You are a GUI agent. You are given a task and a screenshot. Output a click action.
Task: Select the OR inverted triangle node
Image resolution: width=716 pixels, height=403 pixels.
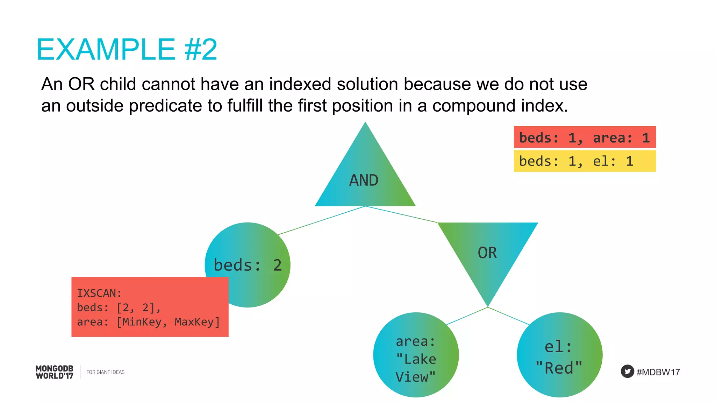pos(487,252)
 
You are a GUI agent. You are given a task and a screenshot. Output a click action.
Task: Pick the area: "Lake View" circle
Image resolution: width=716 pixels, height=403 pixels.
pos(416,355)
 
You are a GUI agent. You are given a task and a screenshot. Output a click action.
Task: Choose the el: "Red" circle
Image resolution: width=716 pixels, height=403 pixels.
pos(559,355)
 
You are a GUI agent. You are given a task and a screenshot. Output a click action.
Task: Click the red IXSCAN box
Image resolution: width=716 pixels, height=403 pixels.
pos(150,307)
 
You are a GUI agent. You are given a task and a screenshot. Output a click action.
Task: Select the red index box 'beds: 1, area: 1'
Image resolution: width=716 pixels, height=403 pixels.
pos(585,137)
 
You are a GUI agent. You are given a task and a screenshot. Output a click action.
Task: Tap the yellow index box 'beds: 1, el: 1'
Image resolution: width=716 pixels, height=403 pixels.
pos(585,161)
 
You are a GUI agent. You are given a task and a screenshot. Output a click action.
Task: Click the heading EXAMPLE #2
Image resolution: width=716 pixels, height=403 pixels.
pos(127,50)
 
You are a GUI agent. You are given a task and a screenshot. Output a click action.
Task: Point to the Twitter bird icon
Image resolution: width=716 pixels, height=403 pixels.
pos(627,372)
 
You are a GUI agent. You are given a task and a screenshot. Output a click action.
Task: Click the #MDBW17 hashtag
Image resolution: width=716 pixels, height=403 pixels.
pos(658,372)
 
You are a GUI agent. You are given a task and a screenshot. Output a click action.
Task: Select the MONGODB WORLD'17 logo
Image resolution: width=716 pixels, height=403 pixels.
pos(55,372)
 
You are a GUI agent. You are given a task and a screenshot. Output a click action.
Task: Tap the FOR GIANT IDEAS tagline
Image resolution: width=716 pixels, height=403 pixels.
pos(105,372)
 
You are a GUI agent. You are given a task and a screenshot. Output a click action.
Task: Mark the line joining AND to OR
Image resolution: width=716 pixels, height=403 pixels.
pos(401,214)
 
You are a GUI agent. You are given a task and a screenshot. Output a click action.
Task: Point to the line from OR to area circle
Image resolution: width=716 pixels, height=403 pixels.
pos(467,316)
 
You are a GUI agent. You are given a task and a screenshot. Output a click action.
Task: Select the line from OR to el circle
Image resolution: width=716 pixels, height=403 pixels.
pos(509,316)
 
